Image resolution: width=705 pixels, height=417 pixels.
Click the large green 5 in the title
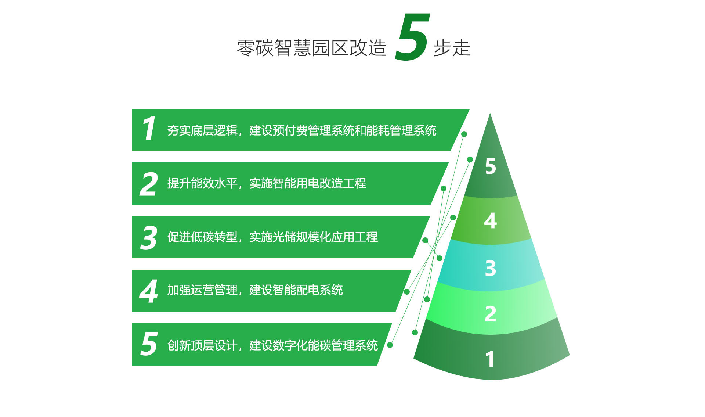(412, 37)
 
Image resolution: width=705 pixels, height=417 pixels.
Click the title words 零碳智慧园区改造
(312, 48)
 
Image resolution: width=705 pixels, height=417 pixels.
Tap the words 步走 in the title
(452, 48)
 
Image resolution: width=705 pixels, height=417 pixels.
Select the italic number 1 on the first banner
(149, 128)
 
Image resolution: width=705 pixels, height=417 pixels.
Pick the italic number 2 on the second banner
(149, 184)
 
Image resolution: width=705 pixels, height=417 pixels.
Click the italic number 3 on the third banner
(149, 238)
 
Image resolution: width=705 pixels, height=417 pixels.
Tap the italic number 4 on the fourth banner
(149, 291)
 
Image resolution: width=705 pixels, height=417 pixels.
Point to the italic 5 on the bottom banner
(149, 344)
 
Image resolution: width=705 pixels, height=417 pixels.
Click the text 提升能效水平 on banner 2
(202, 183)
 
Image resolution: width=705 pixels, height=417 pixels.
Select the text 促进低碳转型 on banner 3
(202, 237)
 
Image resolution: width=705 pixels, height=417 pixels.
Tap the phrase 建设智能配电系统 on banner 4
(296, 290)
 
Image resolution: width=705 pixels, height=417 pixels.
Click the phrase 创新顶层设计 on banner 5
(202, 345)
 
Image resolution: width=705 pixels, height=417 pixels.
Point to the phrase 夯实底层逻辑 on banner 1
(202, 130)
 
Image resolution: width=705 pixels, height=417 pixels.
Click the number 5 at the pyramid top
(491, 166)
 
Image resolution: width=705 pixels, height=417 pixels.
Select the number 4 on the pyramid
(491, 221)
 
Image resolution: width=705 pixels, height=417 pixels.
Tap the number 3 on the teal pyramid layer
(491, 268)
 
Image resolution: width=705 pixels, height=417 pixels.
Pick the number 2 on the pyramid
(491, 314)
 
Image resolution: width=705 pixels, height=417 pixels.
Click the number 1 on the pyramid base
(490, 359)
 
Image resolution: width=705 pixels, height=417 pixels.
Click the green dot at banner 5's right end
(390, 345)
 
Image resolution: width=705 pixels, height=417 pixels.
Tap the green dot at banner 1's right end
(464, 134)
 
